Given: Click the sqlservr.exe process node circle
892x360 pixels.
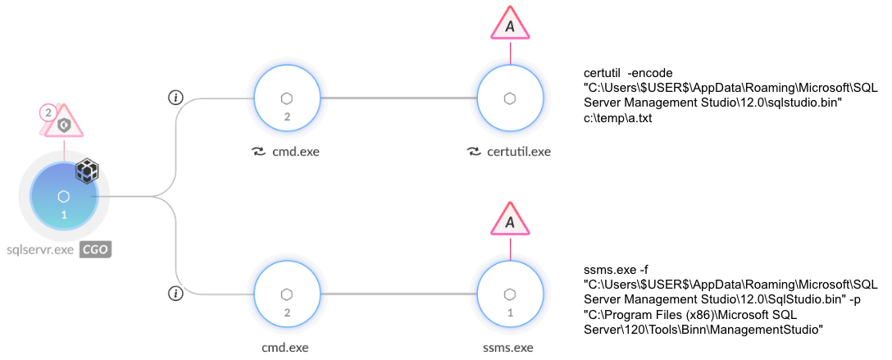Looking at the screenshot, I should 64,197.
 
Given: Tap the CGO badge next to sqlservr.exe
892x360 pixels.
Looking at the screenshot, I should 95,249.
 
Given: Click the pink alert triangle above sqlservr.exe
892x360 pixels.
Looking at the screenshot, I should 65,123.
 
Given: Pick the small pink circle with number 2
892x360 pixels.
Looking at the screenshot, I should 48,112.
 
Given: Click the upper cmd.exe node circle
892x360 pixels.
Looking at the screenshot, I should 287,98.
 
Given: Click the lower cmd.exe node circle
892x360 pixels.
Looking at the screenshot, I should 287,294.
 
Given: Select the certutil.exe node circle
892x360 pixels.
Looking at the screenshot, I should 509,98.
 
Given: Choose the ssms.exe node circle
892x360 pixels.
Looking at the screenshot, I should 509,294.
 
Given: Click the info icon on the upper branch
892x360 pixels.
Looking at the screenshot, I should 175,98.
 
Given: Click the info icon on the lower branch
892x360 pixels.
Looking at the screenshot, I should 175,293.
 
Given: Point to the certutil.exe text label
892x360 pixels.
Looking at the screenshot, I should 520,151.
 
